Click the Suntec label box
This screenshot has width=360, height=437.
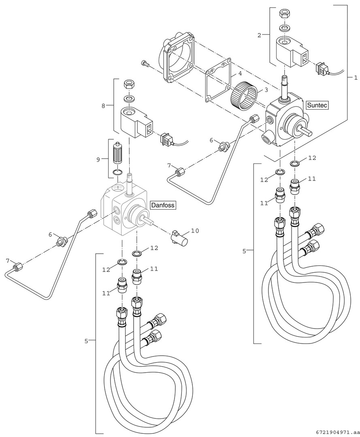coord(317,105)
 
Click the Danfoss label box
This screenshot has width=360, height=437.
coord(163,205)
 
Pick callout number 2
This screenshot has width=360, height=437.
coord(259,35)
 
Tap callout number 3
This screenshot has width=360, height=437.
coord(266,89)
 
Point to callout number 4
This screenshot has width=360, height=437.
coord(240,74)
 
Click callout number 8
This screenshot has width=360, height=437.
coord(104,106)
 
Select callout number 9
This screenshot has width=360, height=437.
coord(98,159)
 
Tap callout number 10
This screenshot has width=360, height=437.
coord(195,231)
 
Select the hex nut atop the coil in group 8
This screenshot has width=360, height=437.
coord(129,85)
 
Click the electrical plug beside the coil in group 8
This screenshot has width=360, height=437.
coord(166,139)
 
